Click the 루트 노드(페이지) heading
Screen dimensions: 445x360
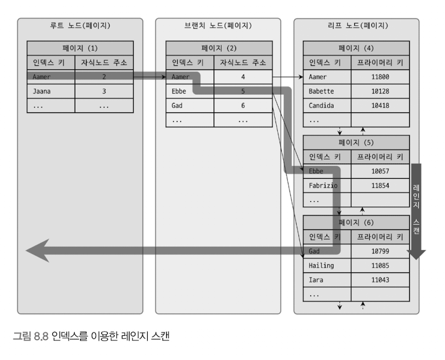(x=80, y=26)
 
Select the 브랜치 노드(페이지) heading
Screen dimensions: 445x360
(x=218, y=26)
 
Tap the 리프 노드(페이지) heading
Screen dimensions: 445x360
(x=356, y=26)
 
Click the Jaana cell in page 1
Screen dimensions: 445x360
(x=51, y=91)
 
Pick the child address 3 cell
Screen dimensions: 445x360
(x=104, y=91)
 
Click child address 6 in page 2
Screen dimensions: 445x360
(x=243, y=105)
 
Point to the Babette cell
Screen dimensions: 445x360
(x=327, y=91)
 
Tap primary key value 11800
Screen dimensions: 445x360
(x=380, y=76)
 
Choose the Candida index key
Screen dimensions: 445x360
(x=327, y=105)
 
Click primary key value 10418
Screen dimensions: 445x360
(x=380, y=105)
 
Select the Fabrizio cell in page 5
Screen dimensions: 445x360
(x=327, y=185)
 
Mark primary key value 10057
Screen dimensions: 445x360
(x=380, y=171)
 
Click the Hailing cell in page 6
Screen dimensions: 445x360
(x=327, y=265)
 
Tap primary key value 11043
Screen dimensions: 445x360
(x=380, y=279)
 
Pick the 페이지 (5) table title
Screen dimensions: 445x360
(x=356, y=142)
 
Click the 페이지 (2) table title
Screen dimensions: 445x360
(x=218, y=48)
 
